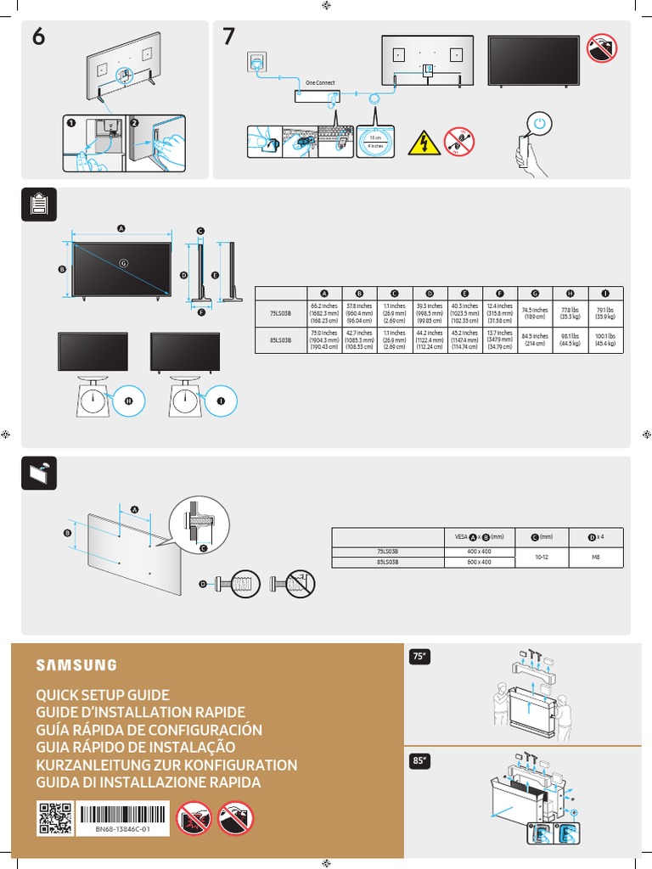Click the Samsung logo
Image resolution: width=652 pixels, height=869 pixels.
pyautogui.click(x=76, y=664)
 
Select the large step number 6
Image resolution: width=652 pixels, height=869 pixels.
pyautogui.click(x=39, y=37)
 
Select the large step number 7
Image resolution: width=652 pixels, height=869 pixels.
pyautogui.click(x=229, y=37)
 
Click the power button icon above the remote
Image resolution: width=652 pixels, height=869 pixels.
pyautogui.click(x=539, y=126)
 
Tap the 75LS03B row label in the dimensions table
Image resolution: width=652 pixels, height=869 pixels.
pyautogui.click(x=280, y=312)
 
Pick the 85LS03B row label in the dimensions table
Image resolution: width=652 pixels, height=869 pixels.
pyautogui.click(x=280, y=339)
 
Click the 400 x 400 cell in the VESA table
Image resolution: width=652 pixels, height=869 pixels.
pyautogui.click(x=481, y=552)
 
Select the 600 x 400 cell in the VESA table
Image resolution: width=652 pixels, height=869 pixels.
pyautogui.click(x=481, y=563)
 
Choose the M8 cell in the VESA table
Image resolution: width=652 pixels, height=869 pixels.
pyautogui.click(x=596, y=558)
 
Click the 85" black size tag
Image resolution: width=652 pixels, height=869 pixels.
pyautogui.click(x=419, y=761)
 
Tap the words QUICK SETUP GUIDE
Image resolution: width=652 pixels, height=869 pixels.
pyautogui.click(x=103, y=695)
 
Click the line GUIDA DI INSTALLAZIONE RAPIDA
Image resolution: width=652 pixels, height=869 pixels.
pyautogui.click(x=148, y=783)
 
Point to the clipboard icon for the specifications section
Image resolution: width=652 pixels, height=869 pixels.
pyautogui.click(x=38, y=205)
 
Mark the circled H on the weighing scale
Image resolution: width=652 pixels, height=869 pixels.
pyautogui.click(x=130, y=401)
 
